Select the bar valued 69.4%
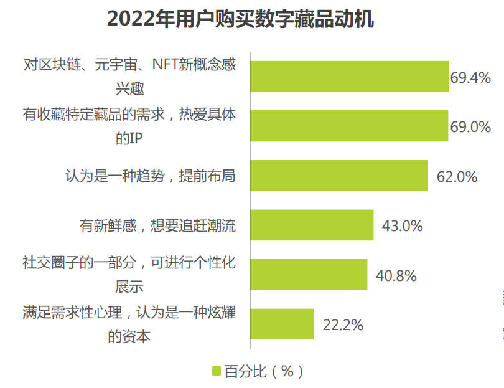tap(349, 77)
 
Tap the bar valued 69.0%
tap(348, 126)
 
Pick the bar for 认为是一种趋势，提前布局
tap(338, 176)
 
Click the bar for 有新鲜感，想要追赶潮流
tap(311, 225)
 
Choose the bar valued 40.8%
tap(308, 275)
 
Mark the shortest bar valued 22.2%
tap(281, 324)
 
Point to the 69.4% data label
tap(471, 78)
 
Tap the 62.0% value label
tap(457, 177)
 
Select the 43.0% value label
tap(402, 226)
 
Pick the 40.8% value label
tap(396, 275)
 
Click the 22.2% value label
tap(342, 324)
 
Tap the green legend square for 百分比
tap(217, 371)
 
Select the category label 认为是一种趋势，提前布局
tap(150, 176)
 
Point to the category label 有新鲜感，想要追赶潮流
tap(156, 225)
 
